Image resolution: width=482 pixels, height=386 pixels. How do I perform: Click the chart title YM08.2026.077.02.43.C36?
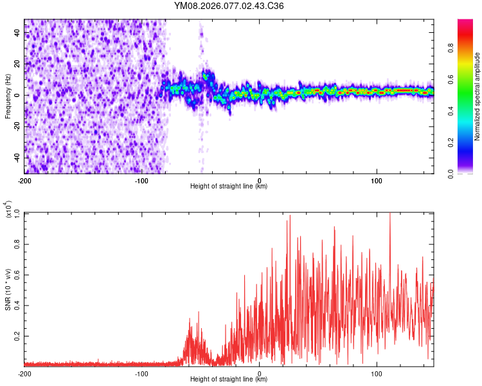click(229, 6)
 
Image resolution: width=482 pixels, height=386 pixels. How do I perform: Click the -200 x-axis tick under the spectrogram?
click(24, 180)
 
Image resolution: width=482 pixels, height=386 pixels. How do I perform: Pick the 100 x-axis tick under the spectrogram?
click(377, 180)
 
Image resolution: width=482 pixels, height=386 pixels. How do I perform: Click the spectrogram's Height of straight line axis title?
click(229, 187)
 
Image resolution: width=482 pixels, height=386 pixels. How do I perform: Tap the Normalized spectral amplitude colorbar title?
click(478, 96)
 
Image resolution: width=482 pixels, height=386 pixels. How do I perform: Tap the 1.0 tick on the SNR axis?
click(17, 212)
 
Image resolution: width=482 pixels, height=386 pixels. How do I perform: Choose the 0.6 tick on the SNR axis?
click(17, 274)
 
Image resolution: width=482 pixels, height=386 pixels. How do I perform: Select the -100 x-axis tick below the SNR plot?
click(141, 373)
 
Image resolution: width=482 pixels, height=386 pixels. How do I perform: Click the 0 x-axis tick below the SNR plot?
click(259, 373)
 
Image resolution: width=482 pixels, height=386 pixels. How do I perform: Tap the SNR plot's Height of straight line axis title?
click(229, 380)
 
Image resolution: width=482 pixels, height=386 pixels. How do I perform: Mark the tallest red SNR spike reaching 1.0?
click(390, 214)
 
